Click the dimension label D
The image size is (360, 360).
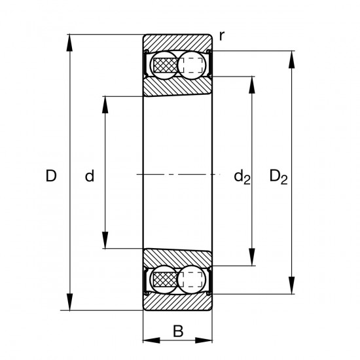[x=51, y=175]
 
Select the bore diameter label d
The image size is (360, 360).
[x=90, y=175]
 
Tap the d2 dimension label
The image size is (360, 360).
[x=242, y=177]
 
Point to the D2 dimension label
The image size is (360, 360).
[x=278, y=177]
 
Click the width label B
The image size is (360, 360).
[x=178, y=331]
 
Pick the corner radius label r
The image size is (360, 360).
[x=221, y=36]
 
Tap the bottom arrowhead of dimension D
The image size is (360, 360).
[x=69, y=302]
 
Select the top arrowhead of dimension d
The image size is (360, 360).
[x=105, y=105]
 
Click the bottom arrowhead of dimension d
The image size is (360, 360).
[x=105, y=240]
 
